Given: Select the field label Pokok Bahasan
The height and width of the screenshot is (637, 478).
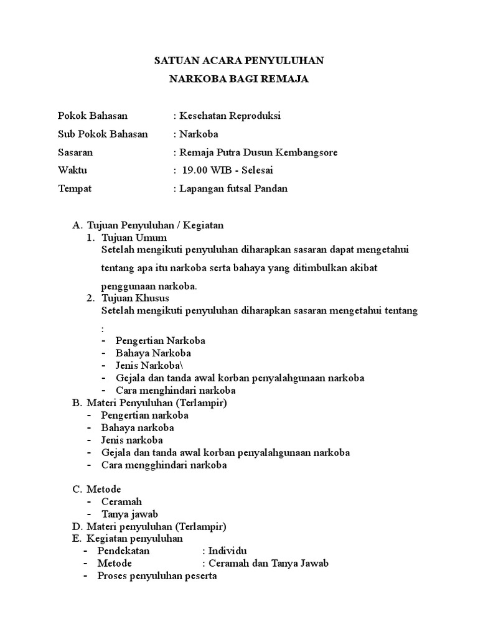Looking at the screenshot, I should [x=93, y=116].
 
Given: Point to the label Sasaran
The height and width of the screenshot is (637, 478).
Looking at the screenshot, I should [x=75, y=152].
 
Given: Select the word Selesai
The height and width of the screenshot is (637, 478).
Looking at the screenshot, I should [x=256, y=170].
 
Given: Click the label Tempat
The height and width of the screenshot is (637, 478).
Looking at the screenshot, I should [x=74, y=188].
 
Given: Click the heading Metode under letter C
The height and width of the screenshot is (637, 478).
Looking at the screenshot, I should [x=103, y=489].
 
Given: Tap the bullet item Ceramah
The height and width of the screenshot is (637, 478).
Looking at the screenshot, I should [x=121, y=501].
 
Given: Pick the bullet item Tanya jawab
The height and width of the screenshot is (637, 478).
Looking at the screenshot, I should [x=129, y=514].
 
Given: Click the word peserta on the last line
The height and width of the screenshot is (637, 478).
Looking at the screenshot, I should [x=200, y=575].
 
